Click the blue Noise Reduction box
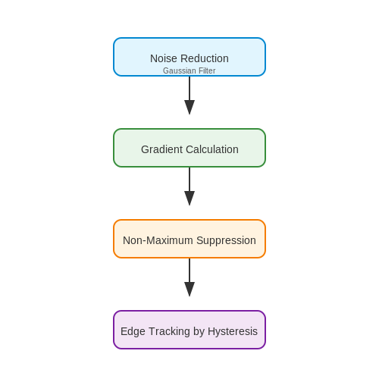click(189, 57)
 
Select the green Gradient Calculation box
click(189, 148)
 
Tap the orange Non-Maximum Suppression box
click(189, 239)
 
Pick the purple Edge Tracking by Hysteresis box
click(189, 330)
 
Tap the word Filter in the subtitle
click(207, 70)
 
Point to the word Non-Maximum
click(158, 240)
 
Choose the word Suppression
click(226, 241)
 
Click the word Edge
click(133, 332)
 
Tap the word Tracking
click(169, 332)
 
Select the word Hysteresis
click(233, 332)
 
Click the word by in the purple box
click(199, 332)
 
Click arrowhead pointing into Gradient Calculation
click(189, 108)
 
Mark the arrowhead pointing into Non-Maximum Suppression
click(189, 199)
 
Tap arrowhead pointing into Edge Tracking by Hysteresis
click(189, 290)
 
